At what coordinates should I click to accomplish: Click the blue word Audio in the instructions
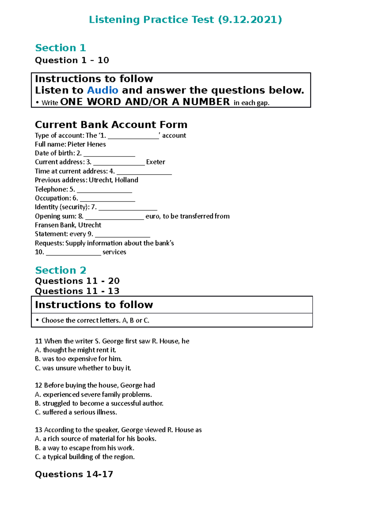[x=103, y=90]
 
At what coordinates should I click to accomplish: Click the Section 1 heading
[x=61, y=48]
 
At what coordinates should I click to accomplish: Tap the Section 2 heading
[x=61, y=270]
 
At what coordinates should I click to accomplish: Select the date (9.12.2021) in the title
[x=250, y=20]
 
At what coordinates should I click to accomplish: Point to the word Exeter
[x=155, y=162]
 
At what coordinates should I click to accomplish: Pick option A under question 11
[x=75, y=350]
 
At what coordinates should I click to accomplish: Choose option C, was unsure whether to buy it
[x=83, y=368]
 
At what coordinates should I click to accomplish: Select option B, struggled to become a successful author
[x=99, y=404]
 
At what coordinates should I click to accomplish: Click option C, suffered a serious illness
[x=76, y=412]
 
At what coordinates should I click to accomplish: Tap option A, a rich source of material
[x=96, y=439]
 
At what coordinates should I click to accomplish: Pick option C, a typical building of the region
[x=85, y=457]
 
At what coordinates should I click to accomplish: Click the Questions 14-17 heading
[x=74, y=474]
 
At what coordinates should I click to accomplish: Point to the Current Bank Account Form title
[x=111, y=125]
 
